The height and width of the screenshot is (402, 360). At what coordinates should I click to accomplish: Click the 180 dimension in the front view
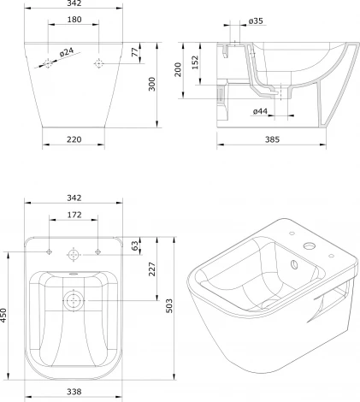[x=74, y=20]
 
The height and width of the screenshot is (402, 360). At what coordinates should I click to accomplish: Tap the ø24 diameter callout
[x=67, y=52]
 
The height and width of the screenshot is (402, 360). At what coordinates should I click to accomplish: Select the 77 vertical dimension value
[x=135, y=52]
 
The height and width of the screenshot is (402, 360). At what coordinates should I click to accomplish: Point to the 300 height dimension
[x=152, y=84]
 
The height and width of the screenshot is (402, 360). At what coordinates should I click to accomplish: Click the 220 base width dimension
[x=74, y=139]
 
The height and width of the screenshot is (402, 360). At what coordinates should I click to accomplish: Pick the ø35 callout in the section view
[x=256, y=21]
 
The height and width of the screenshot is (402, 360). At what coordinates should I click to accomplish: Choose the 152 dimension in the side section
[x=195, y=62]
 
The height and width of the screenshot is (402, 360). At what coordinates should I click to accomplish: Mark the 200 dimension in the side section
[x=178, y=69]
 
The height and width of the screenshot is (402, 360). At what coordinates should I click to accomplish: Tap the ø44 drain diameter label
[x=260, y=111]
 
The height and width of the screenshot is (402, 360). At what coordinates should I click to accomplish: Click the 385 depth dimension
[x=272, y=139]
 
